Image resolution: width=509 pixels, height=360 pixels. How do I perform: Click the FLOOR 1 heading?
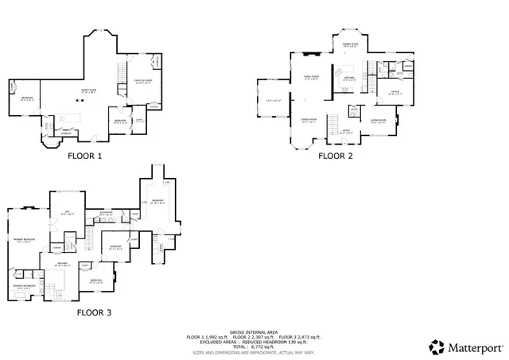pos(85,156)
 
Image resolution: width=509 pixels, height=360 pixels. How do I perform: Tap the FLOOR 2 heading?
pos(335,156)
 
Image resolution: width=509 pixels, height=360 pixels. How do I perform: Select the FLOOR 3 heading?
pos(94,312)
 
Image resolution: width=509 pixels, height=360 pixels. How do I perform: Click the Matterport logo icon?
pos(437,346)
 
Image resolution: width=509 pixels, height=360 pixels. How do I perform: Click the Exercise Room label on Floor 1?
pos(143,82)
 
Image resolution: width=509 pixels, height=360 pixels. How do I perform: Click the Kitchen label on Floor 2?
pos(348,78)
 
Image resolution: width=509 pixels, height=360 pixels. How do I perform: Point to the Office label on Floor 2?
pos(394,93)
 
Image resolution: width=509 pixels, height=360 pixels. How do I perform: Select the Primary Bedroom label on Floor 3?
pos(22,241)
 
